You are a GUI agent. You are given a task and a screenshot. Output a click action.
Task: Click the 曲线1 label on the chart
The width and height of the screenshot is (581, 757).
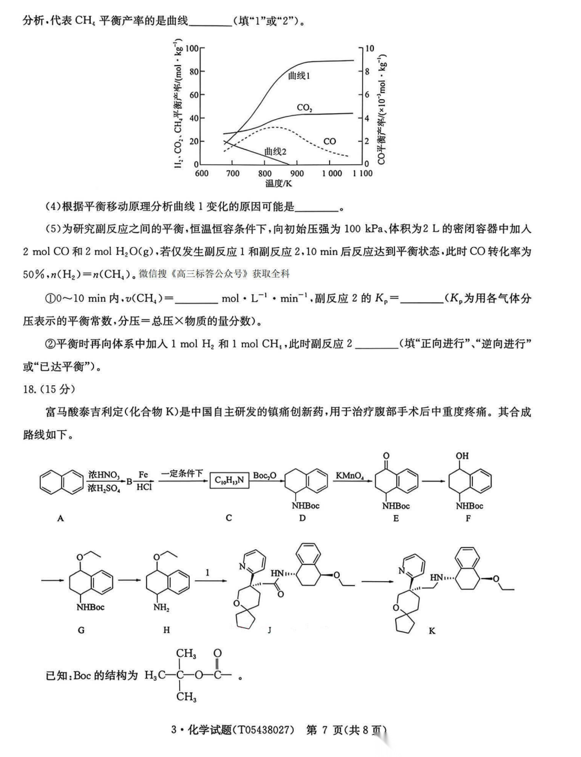click(x=299, y=76)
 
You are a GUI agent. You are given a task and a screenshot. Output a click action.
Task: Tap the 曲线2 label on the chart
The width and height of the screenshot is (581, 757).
click(x=275, y=151)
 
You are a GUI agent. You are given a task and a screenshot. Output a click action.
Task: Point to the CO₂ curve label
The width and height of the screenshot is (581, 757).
click(x=304, y=108)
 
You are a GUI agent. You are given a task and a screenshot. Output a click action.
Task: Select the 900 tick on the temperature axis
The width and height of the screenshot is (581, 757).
click(x=297, y=174)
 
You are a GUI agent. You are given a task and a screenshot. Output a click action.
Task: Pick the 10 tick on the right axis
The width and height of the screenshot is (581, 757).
click(x=369, y=49)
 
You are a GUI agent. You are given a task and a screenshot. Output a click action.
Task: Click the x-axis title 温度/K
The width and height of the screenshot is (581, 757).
click(x=279, y=184)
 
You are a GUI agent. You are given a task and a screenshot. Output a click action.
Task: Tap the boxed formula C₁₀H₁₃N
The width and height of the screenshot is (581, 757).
click(x=229, y=480)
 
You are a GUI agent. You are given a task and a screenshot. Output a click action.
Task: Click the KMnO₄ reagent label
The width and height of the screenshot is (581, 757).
click(x=350, y=476)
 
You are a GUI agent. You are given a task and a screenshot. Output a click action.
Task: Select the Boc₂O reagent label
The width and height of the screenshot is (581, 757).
click(x=264, y=476)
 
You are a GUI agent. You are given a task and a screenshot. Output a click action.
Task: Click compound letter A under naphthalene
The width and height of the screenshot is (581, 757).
click(x=60, y=518)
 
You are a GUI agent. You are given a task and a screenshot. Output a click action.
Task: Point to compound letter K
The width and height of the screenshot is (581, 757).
click(x=432, y=630)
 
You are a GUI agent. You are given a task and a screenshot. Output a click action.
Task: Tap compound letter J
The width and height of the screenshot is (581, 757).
click(x=269, y=630)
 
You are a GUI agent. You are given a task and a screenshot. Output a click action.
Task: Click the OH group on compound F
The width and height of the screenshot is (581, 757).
click(x=462, y=456)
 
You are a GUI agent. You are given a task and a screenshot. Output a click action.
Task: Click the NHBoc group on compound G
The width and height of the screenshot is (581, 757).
click(x=91, y=608)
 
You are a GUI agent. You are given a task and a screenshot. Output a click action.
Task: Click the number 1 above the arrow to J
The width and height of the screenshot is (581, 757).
click(x=208, y=572)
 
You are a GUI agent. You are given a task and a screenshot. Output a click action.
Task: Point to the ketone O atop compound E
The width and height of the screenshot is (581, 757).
click(x=386, y=456)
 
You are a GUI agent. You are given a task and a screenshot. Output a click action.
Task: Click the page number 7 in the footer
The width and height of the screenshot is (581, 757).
click(x=327, y=730)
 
